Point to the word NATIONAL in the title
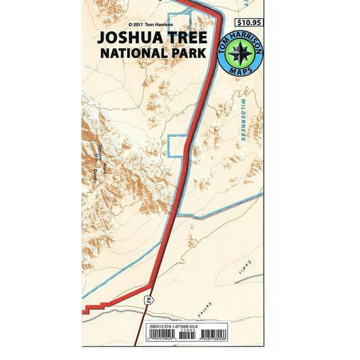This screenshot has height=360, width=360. (x=132, y=55)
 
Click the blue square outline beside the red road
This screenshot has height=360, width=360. (x=177, y=146)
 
